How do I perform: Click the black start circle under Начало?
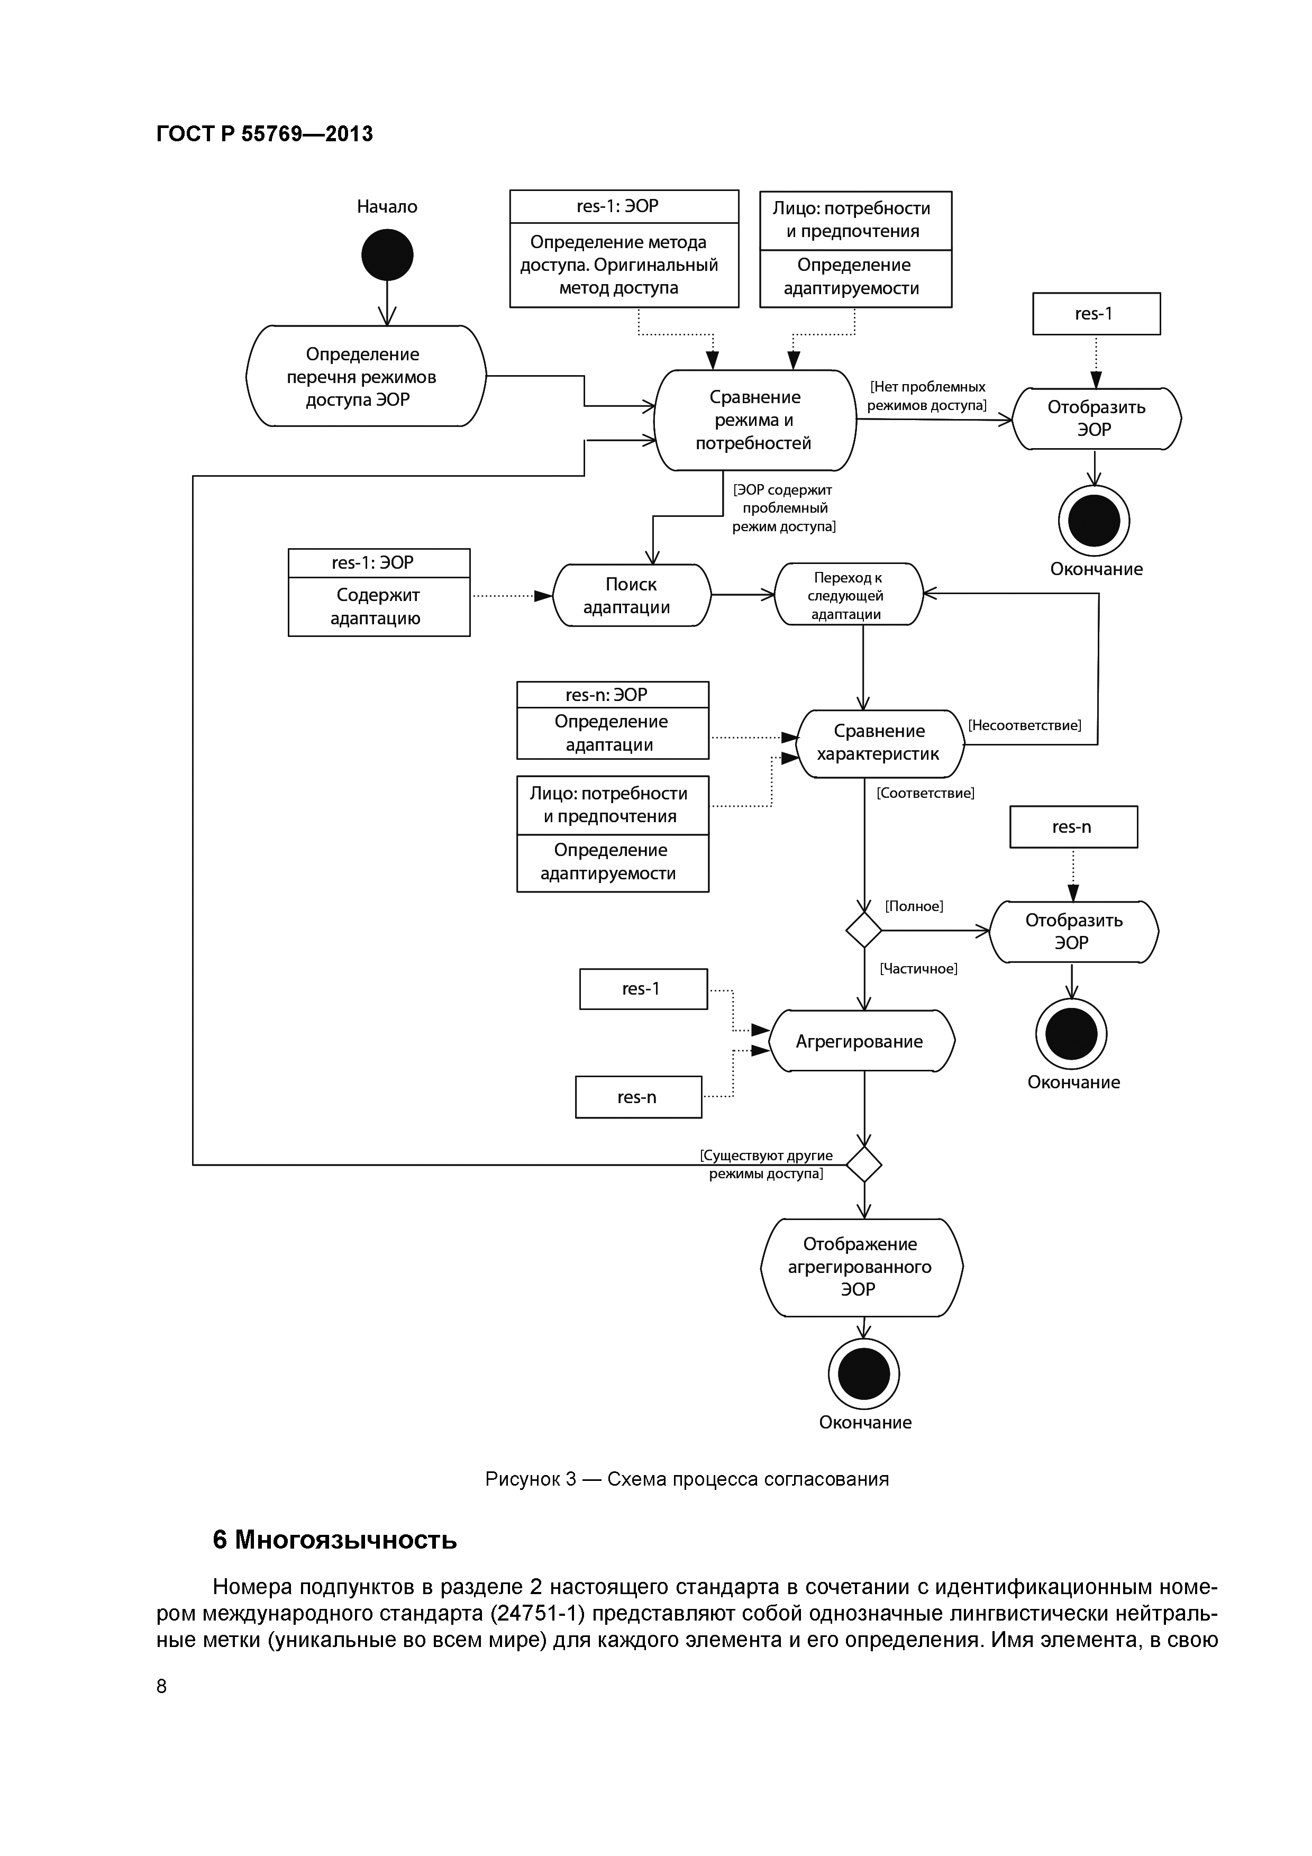387,254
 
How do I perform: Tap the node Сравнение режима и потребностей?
754,420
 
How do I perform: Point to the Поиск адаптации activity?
631,595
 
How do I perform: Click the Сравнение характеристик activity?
880,742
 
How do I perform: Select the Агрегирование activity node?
861,1041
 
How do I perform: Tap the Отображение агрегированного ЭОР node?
861,1267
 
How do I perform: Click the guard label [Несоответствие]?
1024,725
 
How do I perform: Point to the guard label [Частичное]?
918,968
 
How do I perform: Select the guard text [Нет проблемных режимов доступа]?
927,396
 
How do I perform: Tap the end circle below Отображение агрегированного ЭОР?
864,1373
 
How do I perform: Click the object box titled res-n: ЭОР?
612,720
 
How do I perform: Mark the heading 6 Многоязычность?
335,1540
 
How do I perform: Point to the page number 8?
162,1686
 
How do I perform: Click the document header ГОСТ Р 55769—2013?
265,133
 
